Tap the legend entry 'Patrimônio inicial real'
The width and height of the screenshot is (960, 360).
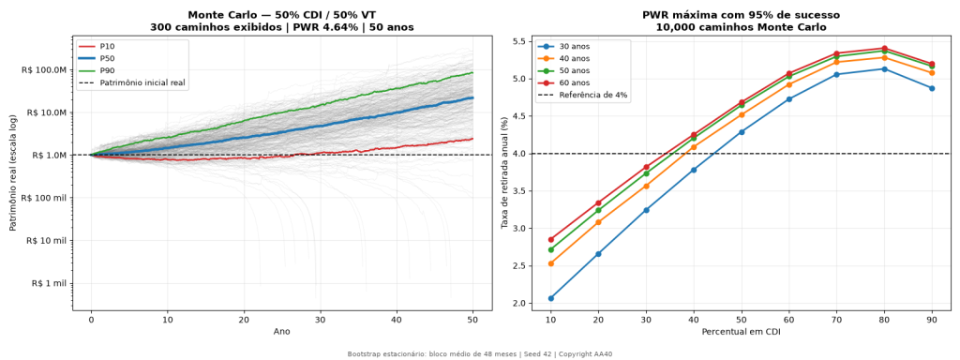tap(133, 83)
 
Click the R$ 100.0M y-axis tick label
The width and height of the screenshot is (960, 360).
tap(45, 69)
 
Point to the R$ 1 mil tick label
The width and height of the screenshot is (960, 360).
tap(49, 283)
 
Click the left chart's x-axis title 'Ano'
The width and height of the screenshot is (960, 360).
tap(282, 331)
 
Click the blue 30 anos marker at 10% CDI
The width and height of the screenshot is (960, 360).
tap(551, 298)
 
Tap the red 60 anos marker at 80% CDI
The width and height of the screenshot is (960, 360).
tap(884, 49)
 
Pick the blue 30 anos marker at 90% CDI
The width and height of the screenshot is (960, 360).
tap(932, 88)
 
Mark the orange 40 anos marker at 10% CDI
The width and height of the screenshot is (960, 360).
tap(551, 263)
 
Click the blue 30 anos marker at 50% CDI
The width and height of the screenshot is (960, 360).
tap(742, 131)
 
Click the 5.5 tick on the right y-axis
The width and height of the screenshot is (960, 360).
tap(519, 41)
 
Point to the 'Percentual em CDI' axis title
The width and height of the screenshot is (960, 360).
tap(742, 331)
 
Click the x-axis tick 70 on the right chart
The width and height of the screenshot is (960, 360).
tap(836, 319)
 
